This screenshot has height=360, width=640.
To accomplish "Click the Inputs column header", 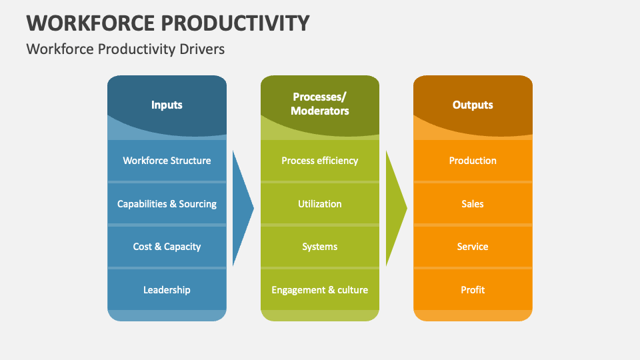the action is click(167, 105).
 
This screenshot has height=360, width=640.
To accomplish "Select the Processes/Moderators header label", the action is click(320, 104).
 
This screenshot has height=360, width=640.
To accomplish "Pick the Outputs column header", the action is click(473, 105).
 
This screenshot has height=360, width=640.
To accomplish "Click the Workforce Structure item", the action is click(167, 161).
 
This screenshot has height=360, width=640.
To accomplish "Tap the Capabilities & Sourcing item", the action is click(167, 204).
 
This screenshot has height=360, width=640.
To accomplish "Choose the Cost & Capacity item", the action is click(167, 247).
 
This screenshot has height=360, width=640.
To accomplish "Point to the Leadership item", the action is click(167, 290).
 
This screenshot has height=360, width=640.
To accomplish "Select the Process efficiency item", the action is click(320, 161).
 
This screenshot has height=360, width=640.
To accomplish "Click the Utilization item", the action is click(320, 204).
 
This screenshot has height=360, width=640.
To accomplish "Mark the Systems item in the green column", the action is click(320, 247).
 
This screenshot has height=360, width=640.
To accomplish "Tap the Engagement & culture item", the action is click(320, 290).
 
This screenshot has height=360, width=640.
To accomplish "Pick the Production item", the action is click(473, 161).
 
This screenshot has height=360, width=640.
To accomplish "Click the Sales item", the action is click(473, 204).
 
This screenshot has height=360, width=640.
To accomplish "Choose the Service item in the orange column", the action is click(473, 247).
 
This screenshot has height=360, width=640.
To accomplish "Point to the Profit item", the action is click(473, 290).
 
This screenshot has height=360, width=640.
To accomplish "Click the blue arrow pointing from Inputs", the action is click(241, 208).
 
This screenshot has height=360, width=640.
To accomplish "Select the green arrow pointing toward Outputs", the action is click(395, 208).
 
